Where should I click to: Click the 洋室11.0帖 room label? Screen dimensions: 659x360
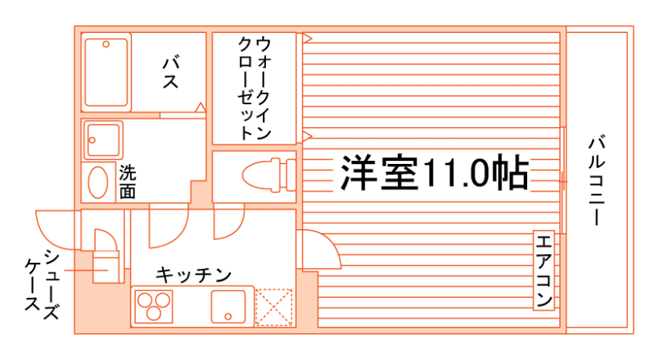(x=432, y=173)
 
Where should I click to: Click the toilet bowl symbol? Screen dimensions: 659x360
(x=264, y=173)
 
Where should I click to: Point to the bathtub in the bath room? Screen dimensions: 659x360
(x=106, y=72)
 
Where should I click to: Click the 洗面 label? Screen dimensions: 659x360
(x=126, y=181)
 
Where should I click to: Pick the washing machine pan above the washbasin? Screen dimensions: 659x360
(x=104, y=140)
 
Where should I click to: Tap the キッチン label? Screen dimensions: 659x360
(x=193, y=275)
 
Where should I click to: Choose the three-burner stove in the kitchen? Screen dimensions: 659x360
(x=154, y=306)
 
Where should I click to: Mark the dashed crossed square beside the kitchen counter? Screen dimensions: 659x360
(x=274, y=307)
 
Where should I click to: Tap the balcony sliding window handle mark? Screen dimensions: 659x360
(x=563, y=181)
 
